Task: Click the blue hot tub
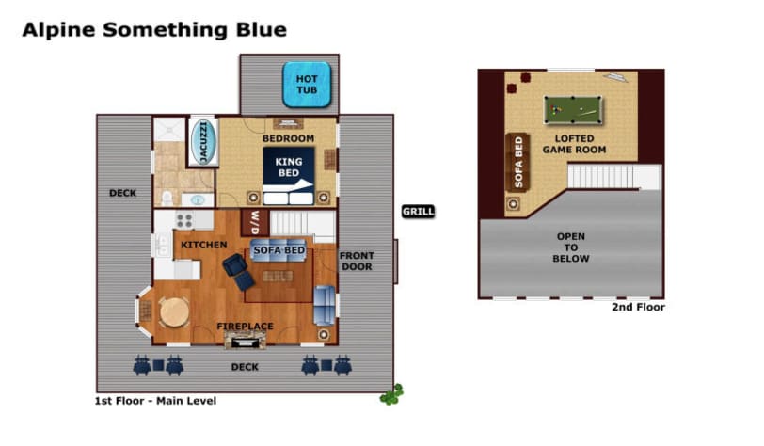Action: [307, 85]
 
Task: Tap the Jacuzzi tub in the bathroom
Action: [203, 141]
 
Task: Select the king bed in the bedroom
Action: [289, 176]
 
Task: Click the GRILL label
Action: [418, 212]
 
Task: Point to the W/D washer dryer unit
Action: [255, 222]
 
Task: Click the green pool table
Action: [573, 110]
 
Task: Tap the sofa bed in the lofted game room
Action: [517, 163]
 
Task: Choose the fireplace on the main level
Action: [245, 340]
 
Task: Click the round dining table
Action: [174, 312]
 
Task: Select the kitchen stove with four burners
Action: [184, 220]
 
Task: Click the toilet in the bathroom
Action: [167, 198]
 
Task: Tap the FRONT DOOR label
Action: [357, 262]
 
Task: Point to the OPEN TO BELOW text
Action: [571, 247]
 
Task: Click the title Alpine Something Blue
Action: [154, 30]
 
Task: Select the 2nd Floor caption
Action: [638, 307]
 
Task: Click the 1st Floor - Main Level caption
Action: [155, 401]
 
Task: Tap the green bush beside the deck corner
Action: [391, 395]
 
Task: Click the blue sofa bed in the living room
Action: [279, 250]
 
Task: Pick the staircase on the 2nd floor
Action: [613, 177]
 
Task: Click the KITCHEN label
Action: [203, 245]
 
